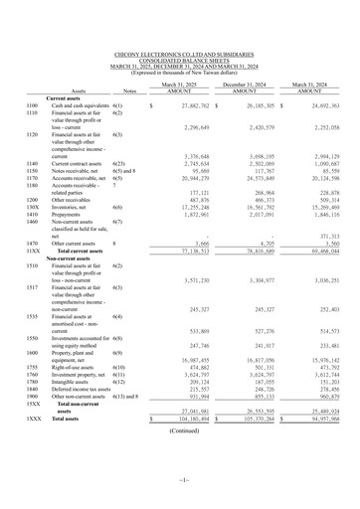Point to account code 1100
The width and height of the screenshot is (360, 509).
tap(32, 104)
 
